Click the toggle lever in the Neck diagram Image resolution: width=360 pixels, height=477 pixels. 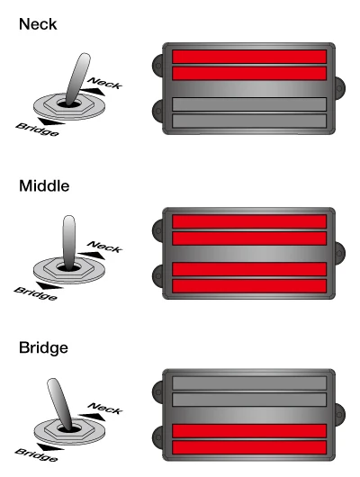pos(76,76)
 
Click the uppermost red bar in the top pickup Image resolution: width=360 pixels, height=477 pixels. pos(248,57)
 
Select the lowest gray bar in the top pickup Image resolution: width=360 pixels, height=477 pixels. pos(248,121)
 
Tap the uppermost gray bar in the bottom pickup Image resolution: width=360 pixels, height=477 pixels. pos(248,382)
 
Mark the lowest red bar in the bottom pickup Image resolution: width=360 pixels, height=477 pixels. pos(248,446)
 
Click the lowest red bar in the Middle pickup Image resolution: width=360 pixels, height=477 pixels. pos(248,285)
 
